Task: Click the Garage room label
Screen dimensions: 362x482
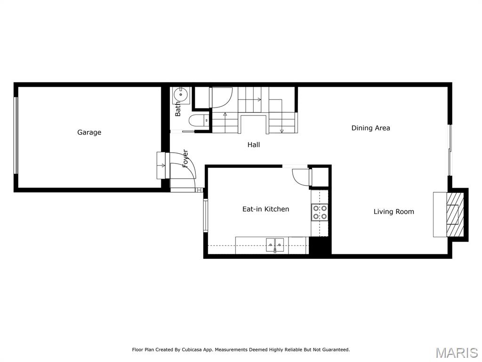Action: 89,132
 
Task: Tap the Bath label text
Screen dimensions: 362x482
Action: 178,109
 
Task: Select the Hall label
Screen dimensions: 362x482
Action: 254,145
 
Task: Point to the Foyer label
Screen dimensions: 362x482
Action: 185,158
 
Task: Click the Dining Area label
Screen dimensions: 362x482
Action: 370,128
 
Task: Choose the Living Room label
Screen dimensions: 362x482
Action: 394,212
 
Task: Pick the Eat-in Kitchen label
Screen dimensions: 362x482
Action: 265,209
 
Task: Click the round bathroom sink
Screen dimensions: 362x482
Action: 181,95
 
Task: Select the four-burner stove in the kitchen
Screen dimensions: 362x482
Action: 320,212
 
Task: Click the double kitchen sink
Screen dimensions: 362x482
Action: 275,244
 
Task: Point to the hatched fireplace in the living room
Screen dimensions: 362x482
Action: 454,214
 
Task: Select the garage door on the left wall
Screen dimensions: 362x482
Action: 16,135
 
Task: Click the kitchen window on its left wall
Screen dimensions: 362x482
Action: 205,215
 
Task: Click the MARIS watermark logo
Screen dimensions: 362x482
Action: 457,353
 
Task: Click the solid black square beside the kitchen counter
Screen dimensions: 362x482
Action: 320,246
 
